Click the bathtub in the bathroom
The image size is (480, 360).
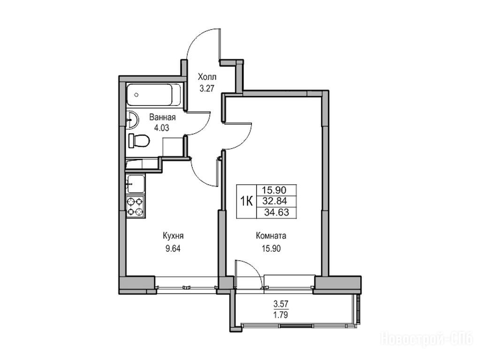pyautogui.click(x=153, y=95)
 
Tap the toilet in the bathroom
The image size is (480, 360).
pyautogui.click(x=139, y=141)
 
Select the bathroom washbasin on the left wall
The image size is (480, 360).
pyautogui.click(x=132, y=120)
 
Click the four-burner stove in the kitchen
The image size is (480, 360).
pyautogui.click(x=136, y=207)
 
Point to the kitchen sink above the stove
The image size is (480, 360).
pyautogui.click(x=136, y=184)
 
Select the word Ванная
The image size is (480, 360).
pyautogui.click(x=162, y=118)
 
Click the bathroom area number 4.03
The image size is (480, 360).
pyautogui.click(x=161, y=128)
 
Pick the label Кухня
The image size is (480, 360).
pyautogui.click(x=173, y=236)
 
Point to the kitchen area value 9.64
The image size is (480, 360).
pyautogui.click(x=173, y=248)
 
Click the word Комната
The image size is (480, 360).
pyautogui.click(x=271, y=236)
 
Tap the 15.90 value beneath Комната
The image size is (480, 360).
pyautogui.click(x=271, y=248)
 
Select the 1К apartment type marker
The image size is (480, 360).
pyautogui.click(x=246, y=201)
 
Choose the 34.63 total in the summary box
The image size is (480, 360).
pyautogui.click(x=277, y=212)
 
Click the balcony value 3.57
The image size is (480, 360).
pyautogui.click(x=281, y=304)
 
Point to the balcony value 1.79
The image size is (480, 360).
pyautogui.click(x=281, y=315)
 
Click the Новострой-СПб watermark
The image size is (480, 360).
pyautogui.click(x=427, y=339)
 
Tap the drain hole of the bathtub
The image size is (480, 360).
pyautogui.click(x=137, y=95)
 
